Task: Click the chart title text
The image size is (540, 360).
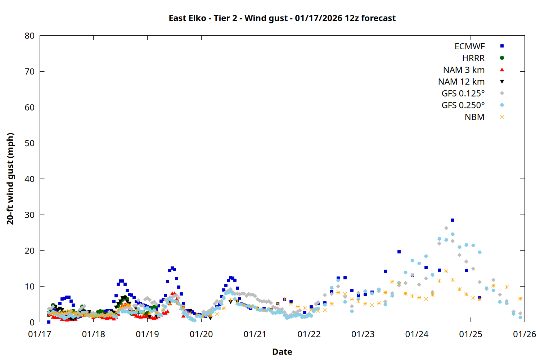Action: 282,18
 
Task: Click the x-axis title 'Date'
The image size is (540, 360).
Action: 282,352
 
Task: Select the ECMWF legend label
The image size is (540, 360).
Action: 469,46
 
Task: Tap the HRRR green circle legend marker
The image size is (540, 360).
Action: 502,58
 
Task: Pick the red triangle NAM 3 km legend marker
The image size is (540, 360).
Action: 502,70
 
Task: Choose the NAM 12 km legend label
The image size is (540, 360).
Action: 461,82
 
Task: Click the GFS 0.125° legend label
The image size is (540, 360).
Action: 463,94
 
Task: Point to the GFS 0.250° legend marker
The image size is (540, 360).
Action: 502,105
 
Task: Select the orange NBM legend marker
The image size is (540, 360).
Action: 502,117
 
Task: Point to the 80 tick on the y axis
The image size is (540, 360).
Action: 30,36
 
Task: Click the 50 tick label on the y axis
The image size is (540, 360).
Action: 30,143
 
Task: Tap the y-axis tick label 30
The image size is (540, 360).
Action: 30,215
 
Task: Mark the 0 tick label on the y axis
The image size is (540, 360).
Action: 32,322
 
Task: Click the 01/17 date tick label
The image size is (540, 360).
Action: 40,334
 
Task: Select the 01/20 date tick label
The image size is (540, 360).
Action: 201,334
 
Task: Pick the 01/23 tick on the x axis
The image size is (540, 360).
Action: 363,334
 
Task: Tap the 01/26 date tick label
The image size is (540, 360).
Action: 524,334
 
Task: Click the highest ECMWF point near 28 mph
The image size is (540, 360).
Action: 453,220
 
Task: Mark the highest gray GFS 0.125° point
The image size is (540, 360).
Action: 446,228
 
